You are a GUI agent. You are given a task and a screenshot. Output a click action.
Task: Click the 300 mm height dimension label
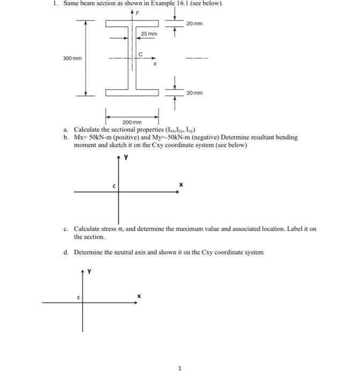[x=72, y=58]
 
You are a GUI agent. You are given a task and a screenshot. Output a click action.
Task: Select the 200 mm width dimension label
[x=131, y=123]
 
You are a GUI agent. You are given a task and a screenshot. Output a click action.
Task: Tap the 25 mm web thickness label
[x=149, y=34]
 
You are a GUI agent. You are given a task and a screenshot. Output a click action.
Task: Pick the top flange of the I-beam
[x=132, y=23]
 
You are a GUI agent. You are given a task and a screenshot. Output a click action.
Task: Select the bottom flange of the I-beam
[x=132, y=93]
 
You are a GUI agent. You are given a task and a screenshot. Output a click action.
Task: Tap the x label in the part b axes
[x=181, y=184]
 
